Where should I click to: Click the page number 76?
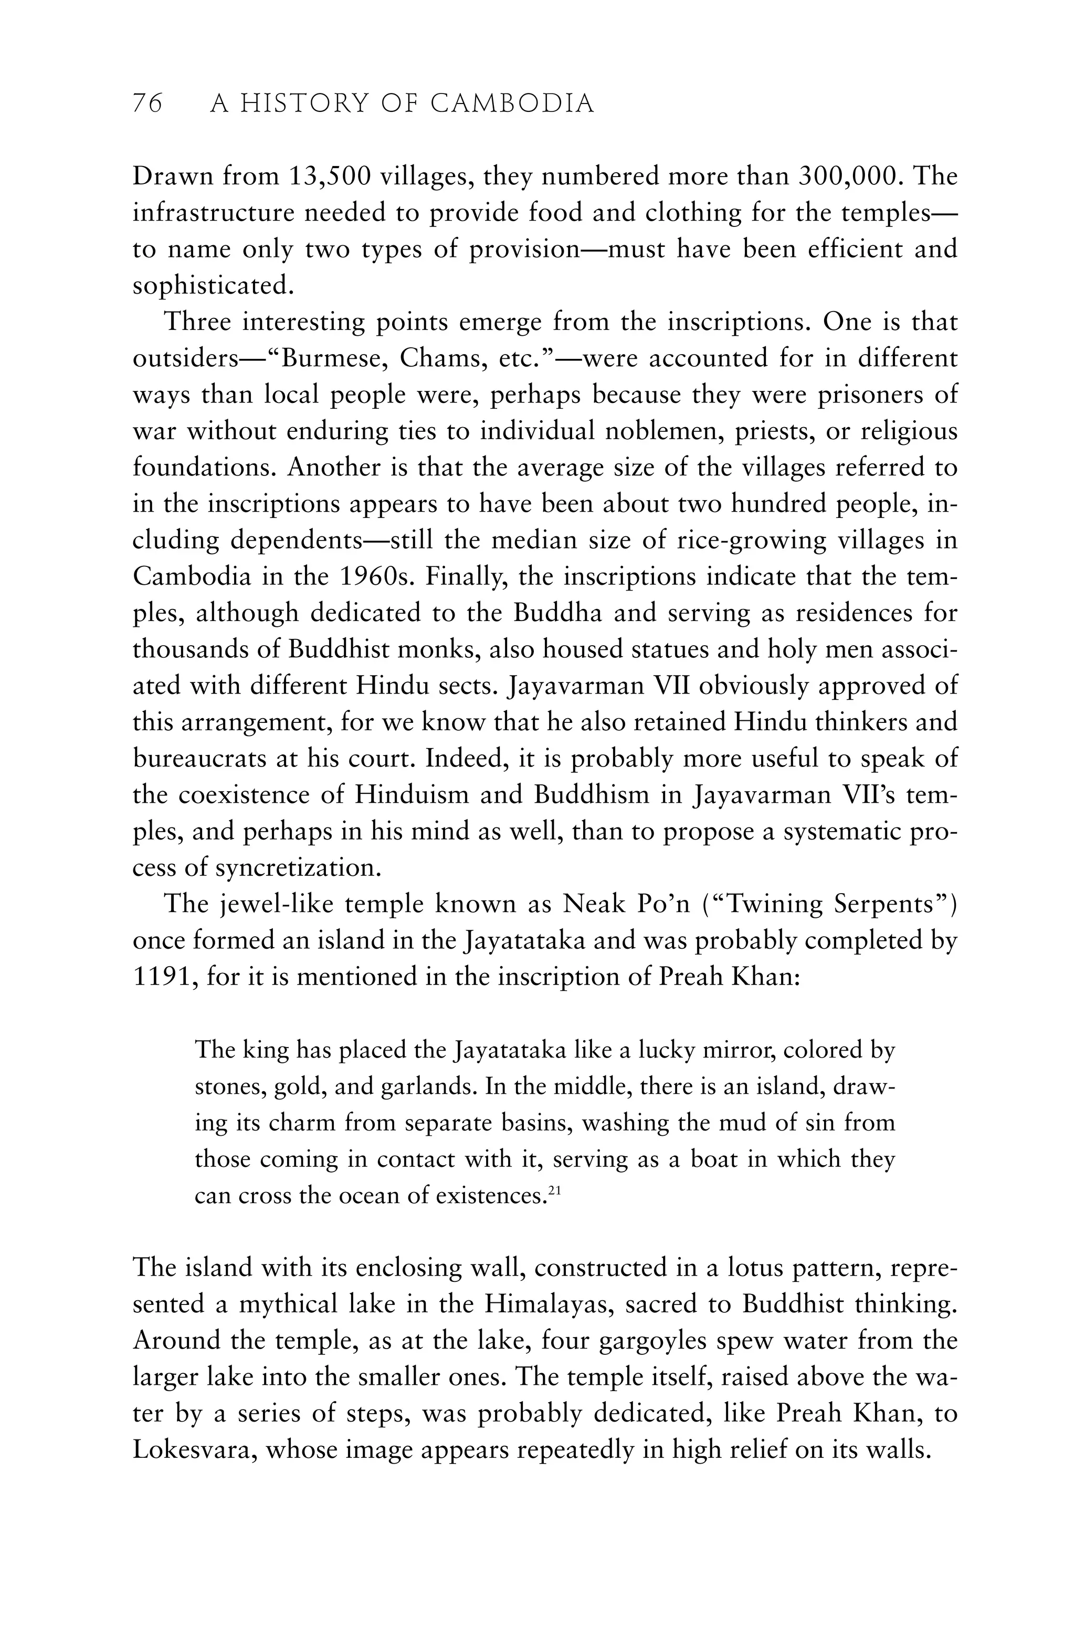(147, 104)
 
